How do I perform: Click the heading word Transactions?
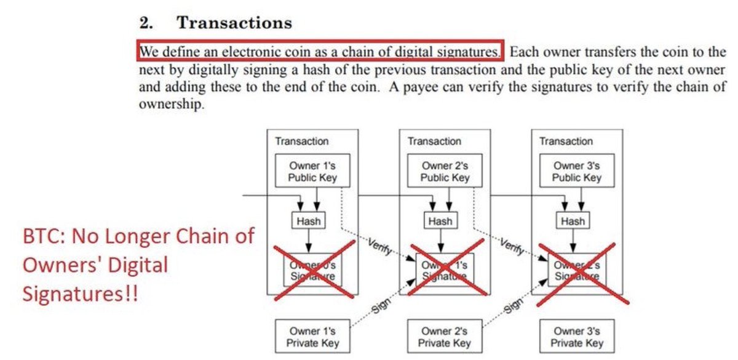(x=234, y=23)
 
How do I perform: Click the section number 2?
(x=146, y=23)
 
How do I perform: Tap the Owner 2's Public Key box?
(x=445, y=171)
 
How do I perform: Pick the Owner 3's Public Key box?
(x=576, y=171)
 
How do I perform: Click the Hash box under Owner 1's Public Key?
(x=307, y=221)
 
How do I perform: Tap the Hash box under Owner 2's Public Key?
(x=440, y=221)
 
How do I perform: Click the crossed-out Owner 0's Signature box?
(x=312, y=270)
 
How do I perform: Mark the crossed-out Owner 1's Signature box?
(x=445, y=270)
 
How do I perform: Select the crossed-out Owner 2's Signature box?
(x=576, y=270)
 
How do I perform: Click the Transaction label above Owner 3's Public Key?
(x=566, y=142)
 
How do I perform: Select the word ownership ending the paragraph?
(x=170, y=105)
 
